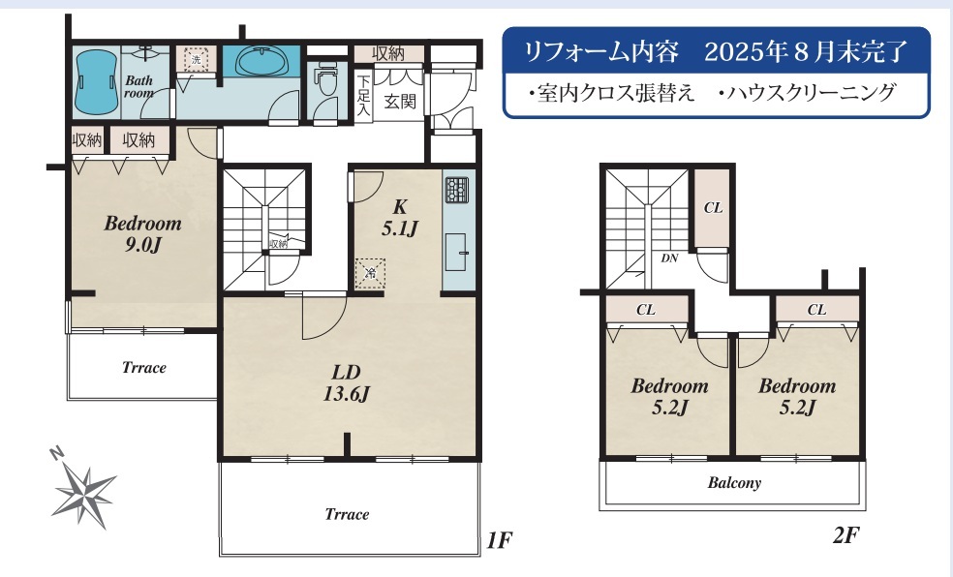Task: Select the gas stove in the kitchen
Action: click(x=456, y=190)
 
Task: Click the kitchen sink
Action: click(x=456, y=252)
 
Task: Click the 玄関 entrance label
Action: click(x=400, y=102)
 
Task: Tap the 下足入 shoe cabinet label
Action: click(x=363, y=95)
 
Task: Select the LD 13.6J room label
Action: click(x=346, y=382)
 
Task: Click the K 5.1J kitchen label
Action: click(x=399, y=218)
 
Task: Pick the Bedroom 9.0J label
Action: click(x=142, y=234)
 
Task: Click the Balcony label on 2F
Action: click(x=734, y=483)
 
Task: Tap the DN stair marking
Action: click(x=669, y=258)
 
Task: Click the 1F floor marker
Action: click(x=500, y=539)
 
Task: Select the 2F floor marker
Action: click(x=846, y=535)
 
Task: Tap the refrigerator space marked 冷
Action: click(x=370, y=273)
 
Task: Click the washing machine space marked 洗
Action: click(x=196, y=59)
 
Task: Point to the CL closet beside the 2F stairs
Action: click(x=712, y=208)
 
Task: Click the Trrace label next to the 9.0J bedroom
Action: click(x=144, y=368)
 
